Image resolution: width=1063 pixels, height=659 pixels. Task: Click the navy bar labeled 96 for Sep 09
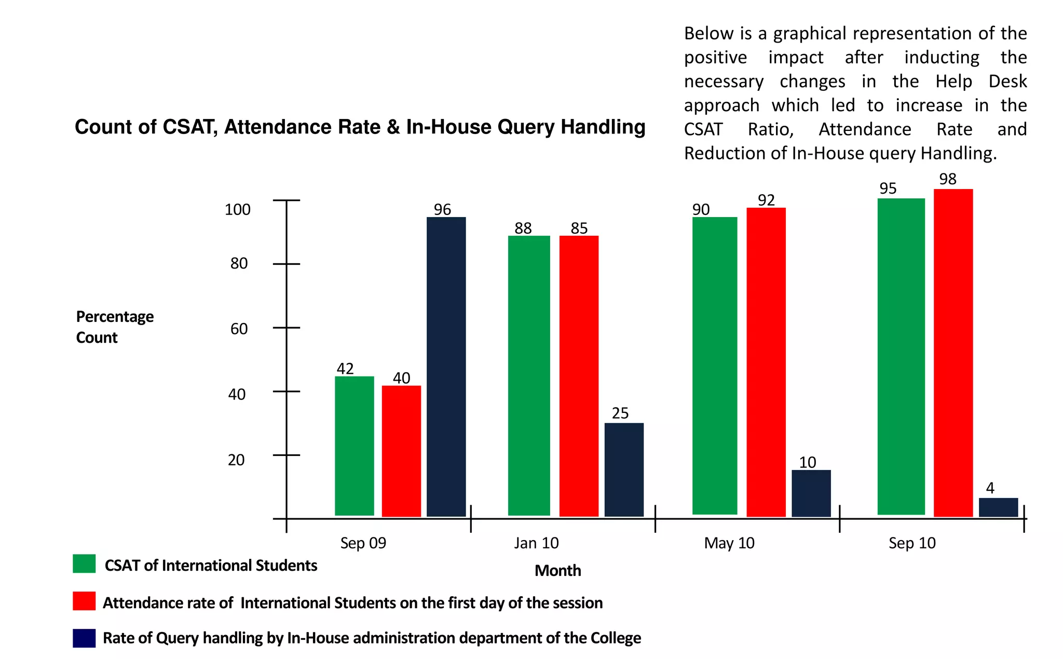pyautogui.click(x=446, y=367)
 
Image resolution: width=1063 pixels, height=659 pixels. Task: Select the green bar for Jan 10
pyautogui.click(x=528, y=375)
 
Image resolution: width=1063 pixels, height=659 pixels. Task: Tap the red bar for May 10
pyautogui.click(x=766, y=362)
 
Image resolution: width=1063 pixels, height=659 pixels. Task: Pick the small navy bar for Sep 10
pyautogui.click(x=998, y=507)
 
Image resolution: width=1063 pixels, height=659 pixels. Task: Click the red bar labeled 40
pyautogui.click(x=401, y=451)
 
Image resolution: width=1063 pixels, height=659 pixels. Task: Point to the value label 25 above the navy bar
pyautogui.click(x=620, y=413)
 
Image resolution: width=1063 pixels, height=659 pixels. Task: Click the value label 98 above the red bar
pyautogui.click(x=947, y=179)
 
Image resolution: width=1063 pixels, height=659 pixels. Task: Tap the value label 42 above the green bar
pyautogui.click(x=345, y=369)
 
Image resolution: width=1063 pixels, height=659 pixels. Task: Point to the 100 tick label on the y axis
pyautogui.click(x=237, y=210)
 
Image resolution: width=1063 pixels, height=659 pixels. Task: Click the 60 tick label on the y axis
pyautogui.click(x=239, y=329)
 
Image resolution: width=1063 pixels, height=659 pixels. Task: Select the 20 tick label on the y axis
pyautogui.click(x=236, y=460)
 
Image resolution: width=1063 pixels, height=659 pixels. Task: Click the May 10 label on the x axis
pyautogui.click(x=729, y=543)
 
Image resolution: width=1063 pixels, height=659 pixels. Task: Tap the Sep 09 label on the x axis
pyautogui.click(x=363, y=543)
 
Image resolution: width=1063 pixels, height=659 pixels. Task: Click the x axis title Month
pyautogui.click(x=557, y=571)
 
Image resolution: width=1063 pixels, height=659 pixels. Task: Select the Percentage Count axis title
pyautogui.click(x=115, y=327)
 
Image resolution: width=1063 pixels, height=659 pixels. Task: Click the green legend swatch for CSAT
pyautogui.click(x=84, y=563)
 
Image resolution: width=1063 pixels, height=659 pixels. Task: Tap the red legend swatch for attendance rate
pyautogui.click(x=84, y=601)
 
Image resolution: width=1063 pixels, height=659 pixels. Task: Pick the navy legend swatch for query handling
pyautogui.click(x=84, y=638)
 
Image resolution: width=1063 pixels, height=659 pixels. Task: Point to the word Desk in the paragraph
pyautogui.click(x=1007, y=82)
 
